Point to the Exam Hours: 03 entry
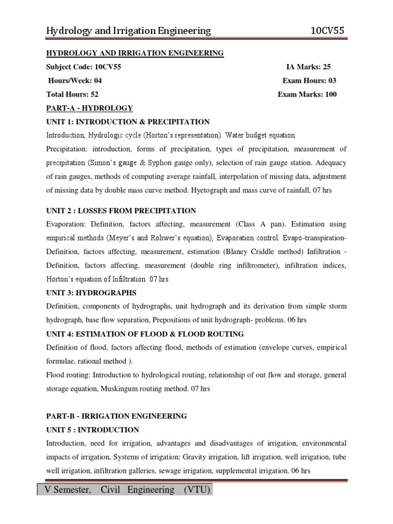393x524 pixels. click(x=309, y=80)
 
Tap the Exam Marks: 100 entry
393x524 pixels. click(x=307, y=94)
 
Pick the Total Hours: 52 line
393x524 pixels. click(x=72, y=94)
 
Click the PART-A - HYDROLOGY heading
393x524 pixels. click(x=90, y=108)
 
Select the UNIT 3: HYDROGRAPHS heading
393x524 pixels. click(x=92, y=293)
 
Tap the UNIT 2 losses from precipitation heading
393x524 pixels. click(x=121, y=211)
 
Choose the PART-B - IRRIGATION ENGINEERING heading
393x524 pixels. click(x=117, y=416)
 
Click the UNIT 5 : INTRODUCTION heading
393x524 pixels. click(x=93, y=430)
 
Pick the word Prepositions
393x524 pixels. click(x=179, y=320)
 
